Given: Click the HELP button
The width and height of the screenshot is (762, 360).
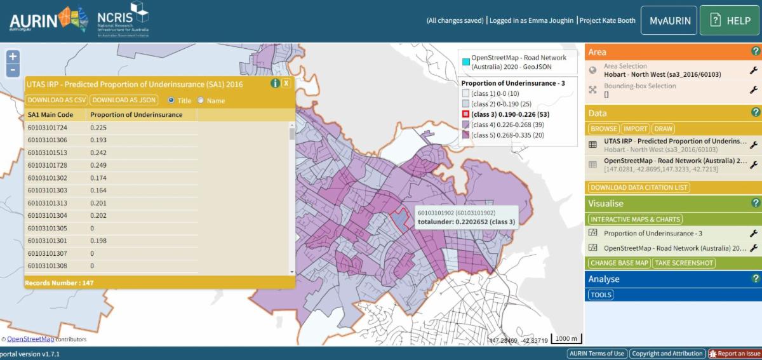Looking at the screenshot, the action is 730,20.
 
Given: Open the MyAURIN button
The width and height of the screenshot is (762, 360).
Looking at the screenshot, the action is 669,20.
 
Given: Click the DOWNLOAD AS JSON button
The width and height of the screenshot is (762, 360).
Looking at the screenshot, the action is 124,100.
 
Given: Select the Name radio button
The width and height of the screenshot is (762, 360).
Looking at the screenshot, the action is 201,100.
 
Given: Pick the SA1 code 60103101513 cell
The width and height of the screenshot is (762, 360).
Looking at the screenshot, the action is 48,152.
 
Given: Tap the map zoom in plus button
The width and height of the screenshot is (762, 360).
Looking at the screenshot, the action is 13,57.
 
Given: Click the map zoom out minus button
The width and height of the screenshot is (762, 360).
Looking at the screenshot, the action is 13,70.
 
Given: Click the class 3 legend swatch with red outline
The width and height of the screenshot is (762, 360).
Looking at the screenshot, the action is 465,114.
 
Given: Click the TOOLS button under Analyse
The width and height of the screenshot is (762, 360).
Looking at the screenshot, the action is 600,295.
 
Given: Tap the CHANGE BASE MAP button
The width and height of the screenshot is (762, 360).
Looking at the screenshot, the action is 619,263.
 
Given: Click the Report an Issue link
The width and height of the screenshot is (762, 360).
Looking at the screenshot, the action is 734,354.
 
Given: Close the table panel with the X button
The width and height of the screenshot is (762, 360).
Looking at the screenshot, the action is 286,83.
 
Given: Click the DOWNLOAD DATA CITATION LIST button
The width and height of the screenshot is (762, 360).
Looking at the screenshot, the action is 639,187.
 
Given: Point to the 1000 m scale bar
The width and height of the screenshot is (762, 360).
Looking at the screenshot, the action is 566,339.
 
